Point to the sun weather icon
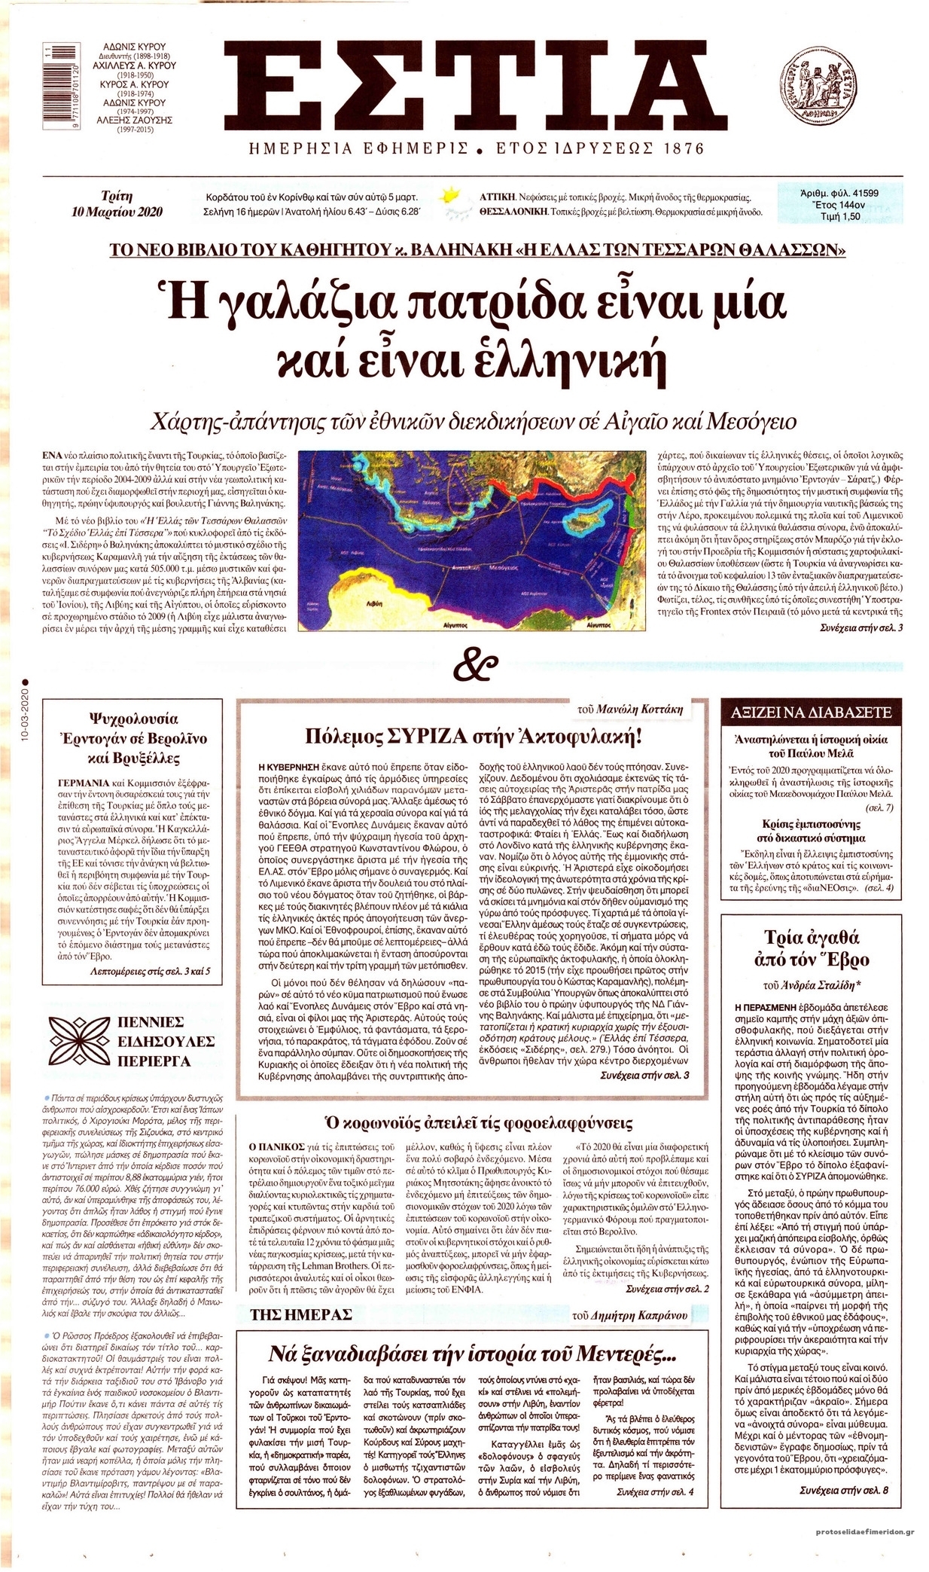[x=451, y=198]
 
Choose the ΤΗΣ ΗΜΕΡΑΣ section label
[x=302, y=1314]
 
